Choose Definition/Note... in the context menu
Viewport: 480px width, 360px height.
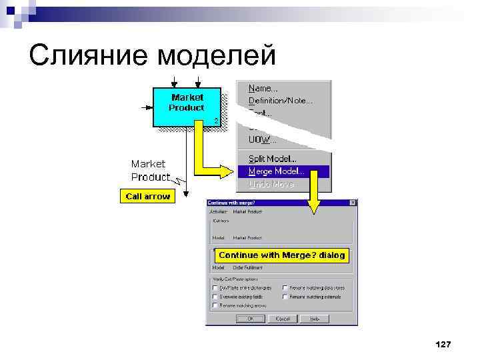click(280, 101)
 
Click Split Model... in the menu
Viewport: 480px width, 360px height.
click(273, 159)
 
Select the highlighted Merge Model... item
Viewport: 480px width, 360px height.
click(276, 171)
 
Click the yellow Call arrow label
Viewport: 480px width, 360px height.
click(148, 196)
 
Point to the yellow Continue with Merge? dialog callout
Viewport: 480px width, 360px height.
click(281, 255)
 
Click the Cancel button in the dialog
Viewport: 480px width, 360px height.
click(283, 319)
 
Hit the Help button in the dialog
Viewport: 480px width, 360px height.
click(315, 319)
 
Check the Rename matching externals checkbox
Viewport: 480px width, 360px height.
click(285, 297)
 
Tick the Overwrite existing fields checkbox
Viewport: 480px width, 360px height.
click(215, 297)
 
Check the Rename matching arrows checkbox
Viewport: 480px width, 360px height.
click(215, 305)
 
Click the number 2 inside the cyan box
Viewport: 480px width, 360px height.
click(215, 120)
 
